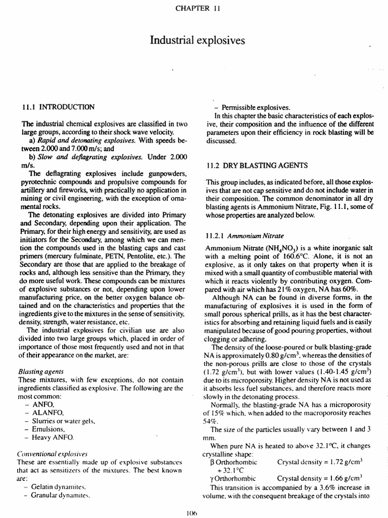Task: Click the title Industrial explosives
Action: (194, 39)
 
